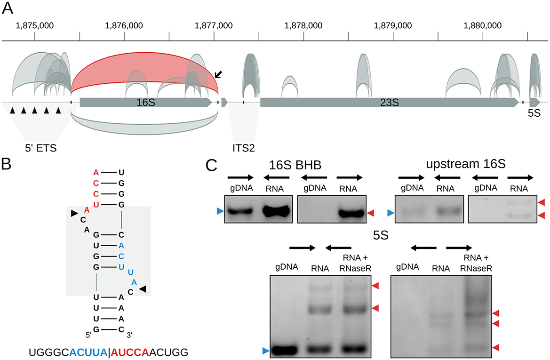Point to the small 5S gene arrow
click(535, 102)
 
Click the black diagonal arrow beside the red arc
click(219, 74)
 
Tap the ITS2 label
click(244, 148)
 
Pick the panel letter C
click(213, 165)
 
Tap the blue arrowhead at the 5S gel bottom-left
click(266, 350)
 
